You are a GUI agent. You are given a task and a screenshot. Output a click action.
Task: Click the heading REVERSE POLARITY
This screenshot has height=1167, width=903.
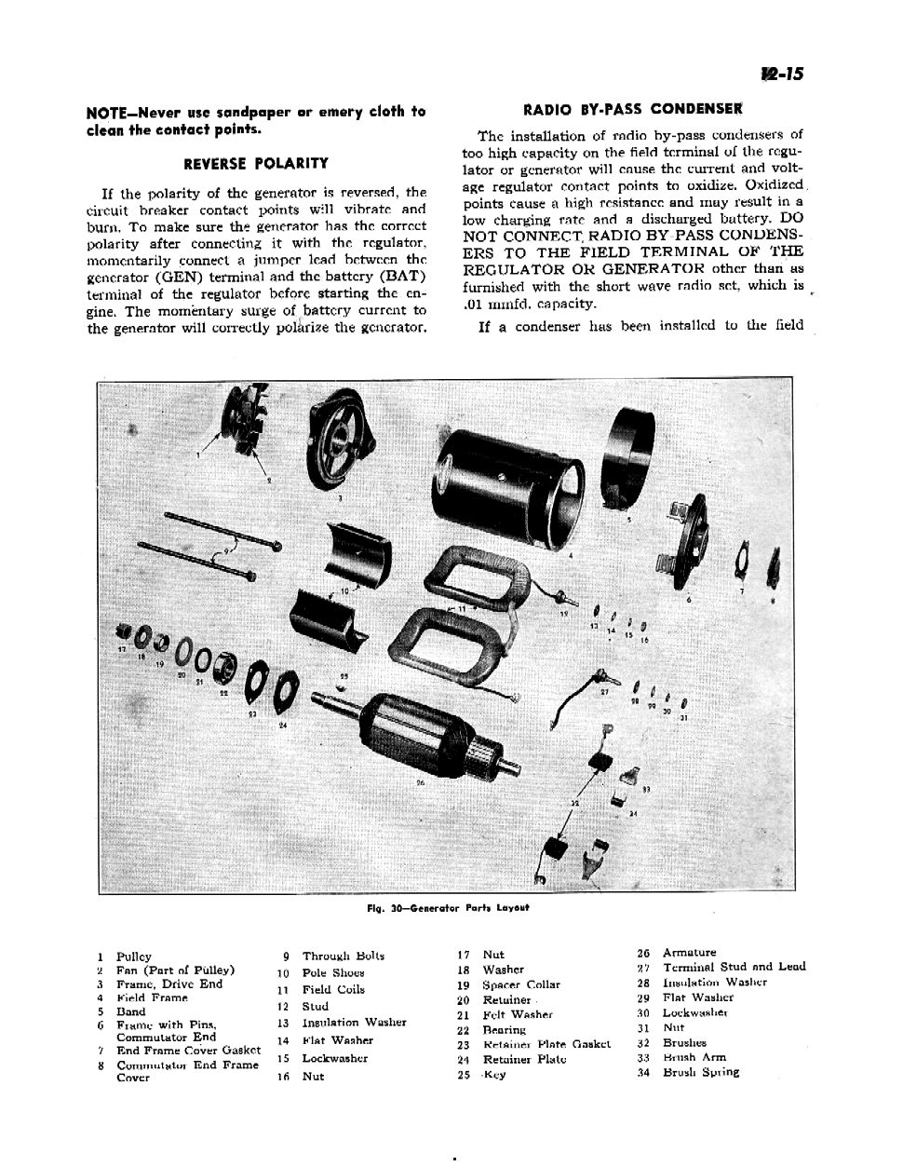point(256,164)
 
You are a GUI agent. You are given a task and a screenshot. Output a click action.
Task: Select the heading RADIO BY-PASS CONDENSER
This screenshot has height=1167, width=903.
point(633,109)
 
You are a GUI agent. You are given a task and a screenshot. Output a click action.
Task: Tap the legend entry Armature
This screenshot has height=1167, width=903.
point(689,953)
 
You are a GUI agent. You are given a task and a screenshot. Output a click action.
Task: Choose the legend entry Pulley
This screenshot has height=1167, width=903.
point(133,957)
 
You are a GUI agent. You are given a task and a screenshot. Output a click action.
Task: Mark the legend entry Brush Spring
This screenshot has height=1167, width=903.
point(700,1072)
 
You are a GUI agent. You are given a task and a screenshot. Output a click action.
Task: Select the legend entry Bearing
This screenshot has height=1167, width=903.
point(504,1030)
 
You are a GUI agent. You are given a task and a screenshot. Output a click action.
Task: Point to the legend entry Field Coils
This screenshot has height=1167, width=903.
point(333,989)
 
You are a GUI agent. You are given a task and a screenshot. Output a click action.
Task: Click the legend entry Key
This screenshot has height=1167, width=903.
point(494,1074)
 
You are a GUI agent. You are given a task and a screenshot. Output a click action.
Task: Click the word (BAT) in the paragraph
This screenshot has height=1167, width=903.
point(402,277)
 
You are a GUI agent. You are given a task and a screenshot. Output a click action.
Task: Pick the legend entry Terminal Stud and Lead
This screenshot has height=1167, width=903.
point(734,967)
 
